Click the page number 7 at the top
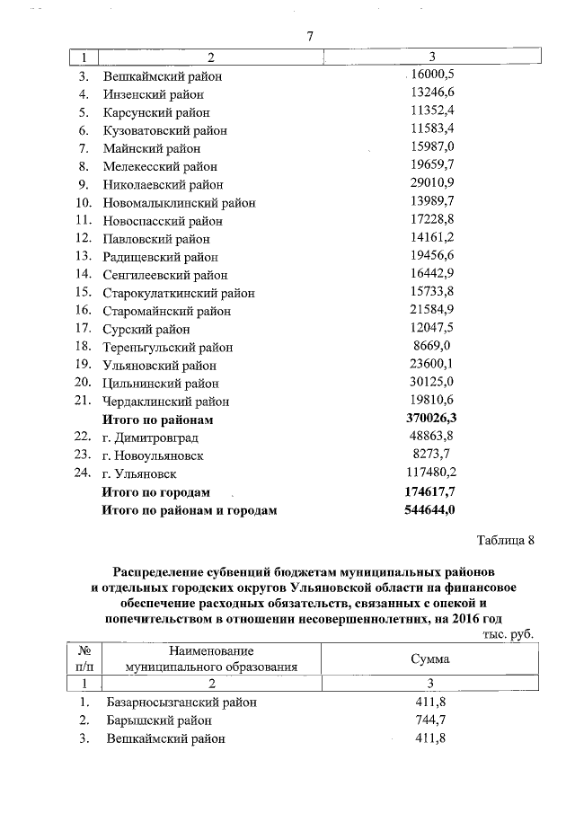309,37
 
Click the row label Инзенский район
153,93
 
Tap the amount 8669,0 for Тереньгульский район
431,347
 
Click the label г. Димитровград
153,437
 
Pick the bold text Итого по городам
156,492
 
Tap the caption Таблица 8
505,540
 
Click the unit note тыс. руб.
509,634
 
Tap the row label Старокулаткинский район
179,293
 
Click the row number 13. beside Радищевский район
84,256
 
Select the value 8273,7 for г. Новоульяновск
431,455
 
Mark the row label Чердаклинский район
166,402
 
